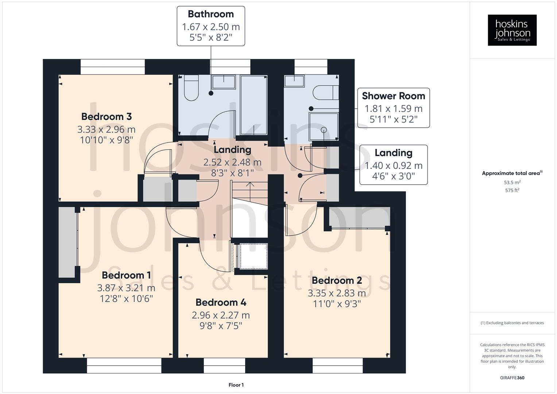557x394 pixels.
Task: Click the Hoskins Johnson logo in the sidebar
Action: (512, 30)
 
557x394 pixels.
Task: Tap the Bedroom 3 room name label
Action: (107, 117)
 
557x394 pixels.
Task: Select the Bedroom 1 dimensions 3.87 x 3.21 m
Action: (126, 288)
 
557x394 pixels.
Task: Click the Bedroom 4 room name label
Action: (221, 302)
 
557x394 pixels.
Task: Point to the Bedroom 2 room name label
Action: (337, 281)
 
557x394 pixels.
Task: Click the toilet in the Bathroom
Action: (191, 88)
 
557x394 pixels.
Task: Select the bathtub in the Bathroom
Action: (254, 105)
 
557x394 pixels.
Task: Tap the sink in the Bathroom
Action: (224, 82)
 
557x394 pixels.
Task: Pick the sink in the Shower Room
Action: (294, 81)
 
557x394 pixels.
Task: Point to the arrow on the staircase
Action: (250, 185)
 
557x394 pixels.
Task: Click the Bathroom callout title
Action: (211, 14)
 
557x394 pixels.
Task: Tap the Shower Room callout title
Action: (393, 96)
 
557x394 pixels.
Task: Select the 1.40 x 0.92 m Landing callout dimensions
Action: (393, 166)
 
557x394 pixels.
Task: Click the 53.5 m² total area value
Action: (512, 182)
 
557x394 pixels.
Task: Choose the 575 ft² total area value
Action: (512, 190)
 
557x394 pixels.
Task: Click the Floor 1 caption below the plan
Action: (236, 385)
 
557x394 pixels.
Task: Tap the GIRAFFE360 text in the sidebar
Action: (512, 378)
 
